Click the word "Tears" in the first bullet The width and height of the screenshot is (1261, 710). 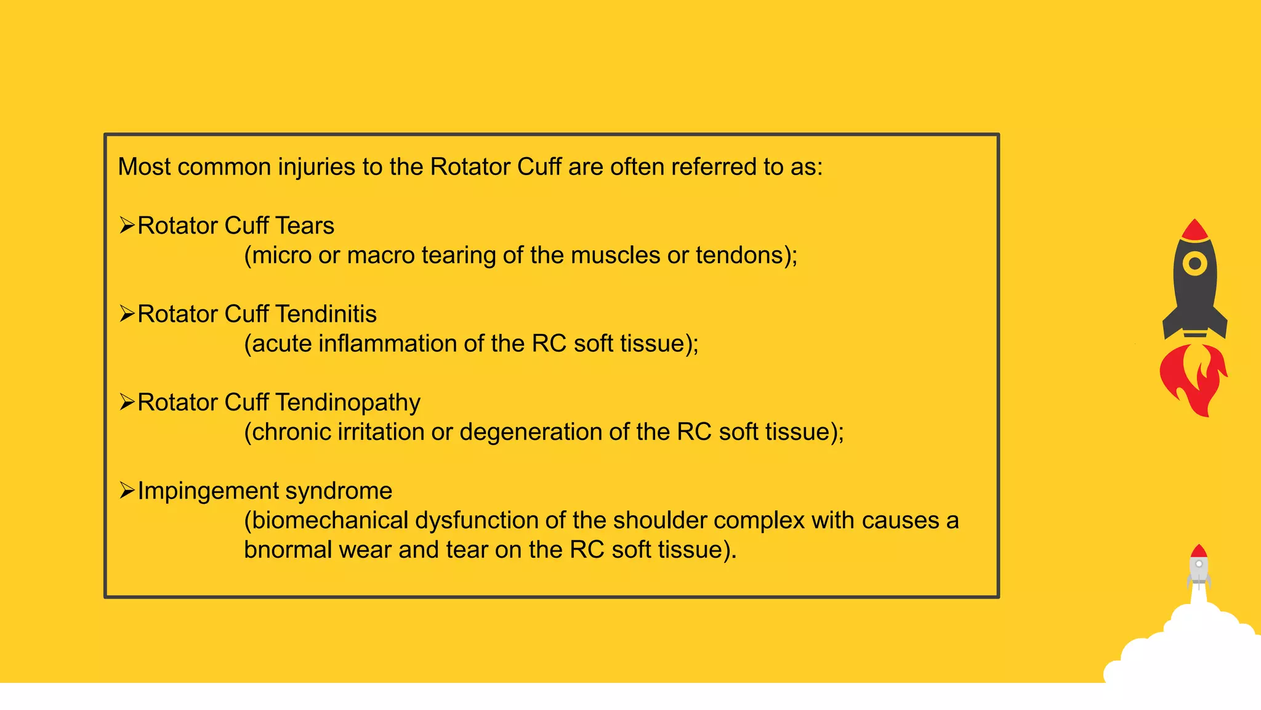click(x=305, y=226)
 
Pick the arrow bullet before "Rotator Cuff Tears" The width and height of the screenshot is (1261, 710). click(x=127, y=226)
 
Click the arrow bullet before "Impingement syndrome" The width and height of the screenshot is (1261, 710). click(x=127, y=491)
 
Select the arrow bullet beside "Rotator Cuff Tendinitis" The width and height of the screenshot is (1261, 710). click(x=127, y=314)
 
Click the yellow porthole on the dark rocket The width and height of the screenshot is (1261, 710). click(x=1195, y=264)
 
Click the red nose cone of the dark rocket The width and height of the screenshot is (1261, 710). click(x=1195, y=231)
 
